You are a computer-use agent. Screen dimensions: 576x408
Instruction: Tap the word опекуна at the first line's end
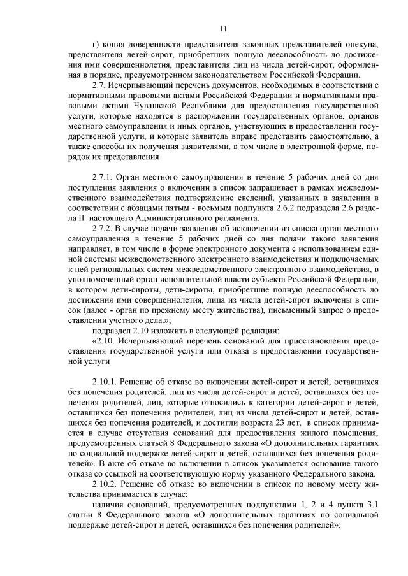(x=361, y=43)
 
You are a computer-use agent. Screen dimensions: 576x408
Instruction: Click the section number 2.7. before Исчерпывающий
(x=100, y=84)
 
